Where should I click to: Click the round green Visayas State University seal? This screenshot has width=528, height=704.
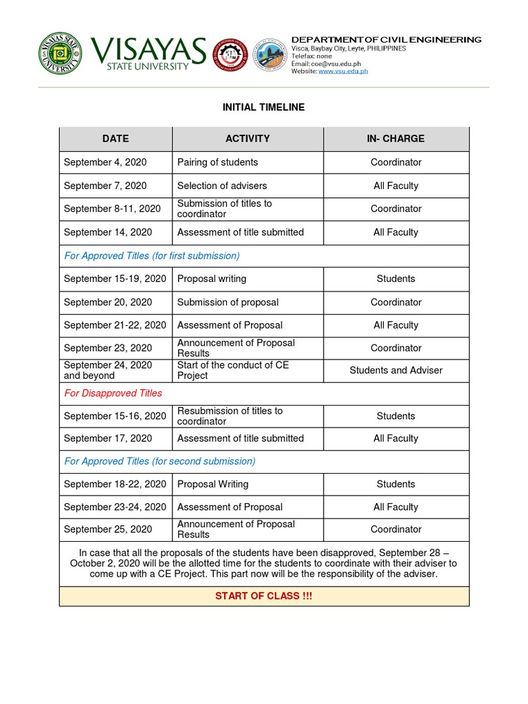(x=60, y=54)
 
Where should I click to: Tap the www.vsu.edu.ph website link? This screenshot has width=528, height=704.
(x=342, y=71)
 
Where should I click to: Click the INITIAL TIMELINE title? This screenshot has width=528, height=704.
(x=263, y=107)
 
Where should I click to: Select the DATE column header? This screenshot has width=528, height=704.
(x=115, y=139)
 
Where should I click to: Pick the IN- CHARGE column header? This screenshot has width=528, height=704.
(x=395, y=139)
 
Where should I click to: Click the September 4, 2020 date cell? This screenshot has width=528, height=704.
(x=105, y=162)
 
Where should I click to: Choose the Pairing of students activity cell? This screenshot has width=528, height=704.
(x=217, y=162)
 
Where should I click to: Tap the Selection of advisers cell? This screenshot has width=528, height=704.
(x=222, y=186)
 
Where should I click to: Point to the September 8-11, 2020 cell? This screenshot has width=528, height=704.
(x=112, y=209)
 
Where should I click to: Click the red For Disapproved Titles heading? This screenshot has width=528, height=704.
(x=113, y=393)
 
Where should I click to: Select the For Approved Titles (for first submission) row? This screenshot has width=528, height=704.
(x=152, y=256)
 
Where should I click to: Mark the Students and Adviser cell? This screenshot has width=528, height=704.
(x=396, y=371)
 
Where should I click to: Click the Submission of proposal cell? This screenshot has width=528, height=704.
(x=228, y=302)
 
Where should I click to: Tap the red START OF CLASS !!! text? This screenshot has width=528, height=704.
(x=263, y=596)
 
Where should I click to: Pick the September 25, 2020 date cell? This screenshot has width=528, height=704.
(x=108, y=529)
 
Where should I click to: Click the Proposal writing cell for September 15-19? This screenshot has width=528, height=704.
(x=212, y=279)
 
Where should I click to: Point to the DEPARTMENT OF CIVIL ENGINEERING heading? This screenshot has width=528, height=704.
(x=386, y=40)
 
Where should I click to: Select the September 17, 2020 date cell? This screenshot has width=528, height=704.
(x=108, y=439)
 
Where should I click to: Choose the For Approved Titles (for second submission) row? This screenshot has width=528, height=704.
(x=159, y=461)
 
